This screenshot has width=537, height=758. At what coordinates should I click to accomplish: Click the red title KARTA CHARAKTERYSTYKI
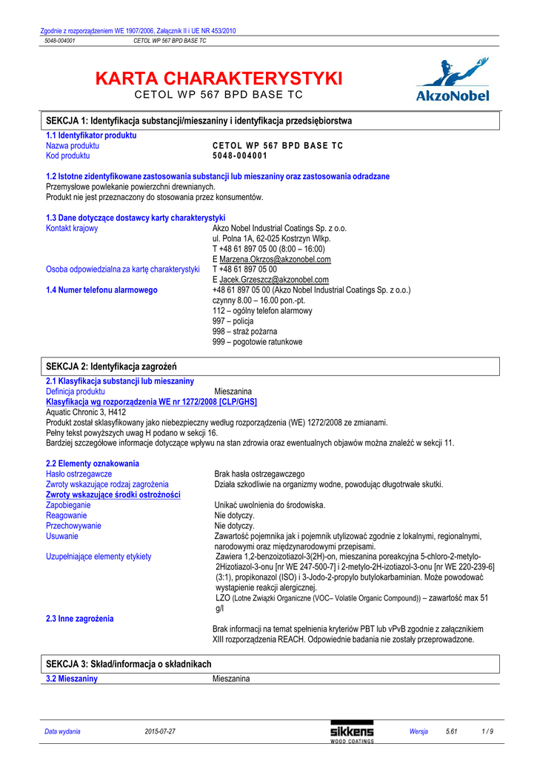219,78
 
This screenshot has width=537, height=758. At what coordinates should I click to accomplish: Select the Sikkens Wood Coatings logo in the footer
352,732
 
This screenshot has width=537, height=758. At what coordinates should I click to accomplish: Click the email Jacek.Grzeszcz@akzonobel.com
273,280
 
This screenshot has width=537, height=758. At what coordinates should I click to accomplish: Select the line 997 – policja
233,321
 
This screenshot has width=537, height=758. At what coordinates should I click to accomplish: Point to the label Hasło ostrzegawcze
79,474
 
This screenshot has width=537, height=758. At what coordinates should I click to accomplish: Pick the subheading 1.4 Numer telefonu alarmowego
101,290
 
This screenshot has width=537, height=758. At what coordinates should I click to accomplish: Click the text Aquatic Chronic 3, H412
86,412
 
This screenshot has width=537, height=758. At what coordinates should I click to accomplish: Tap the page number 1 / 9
487,732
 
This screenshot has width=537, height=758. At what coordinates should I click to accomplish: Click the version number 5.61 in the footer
452,732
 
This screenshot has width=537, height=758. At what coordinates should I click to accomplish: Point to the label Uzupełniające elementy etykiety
99,556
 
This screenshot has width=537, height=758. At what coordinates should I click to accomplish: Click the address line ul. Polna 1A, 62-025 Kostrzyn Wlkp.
271,239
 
